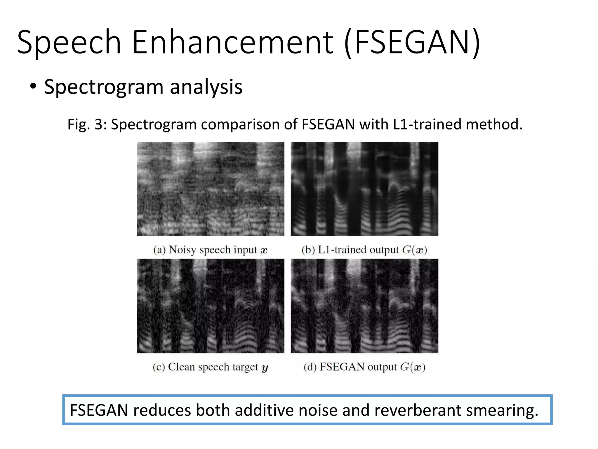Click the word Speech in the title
point(69,42)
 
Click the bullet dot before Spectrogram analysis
point(33,87)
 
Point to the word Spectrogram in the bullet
point(104,87)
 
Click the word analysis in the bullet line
point(206,87)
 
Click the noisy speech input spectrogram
point(210,189)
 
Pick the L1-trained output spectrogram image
point(364,189)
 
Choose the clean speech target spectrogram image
point(210,306)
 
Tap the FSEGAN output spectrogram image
point(364,306)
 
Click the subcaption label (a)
point(159,250)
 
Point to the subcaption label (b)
point(308,250)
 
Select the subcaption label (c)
point(159,367)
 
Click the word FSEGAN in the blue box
point(99,410)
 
